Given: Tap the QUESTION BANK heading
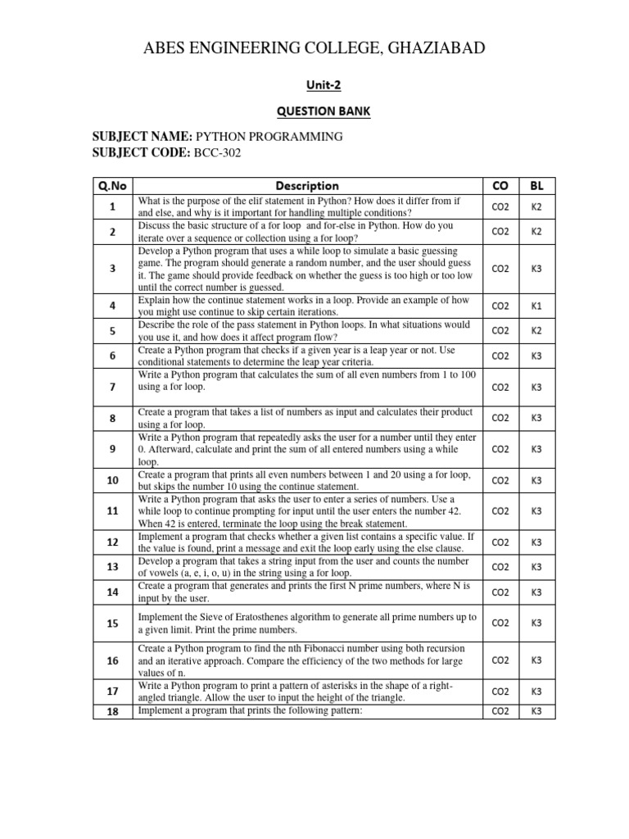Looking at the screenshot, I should point(314,111).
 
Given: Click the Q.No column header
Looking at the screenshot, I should point(112,186).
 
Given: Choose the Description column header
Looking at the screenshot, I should point(307,186).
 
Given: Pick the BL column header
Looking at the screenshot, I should point(536,186).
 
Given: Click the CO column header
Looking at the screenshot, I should point(500,186).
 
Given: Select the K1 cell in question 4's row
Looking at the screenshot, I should point(536,306).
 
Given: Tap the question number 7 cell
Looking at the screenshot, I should point(112,386).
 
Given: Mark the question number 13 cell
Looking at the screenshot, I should point(112,566).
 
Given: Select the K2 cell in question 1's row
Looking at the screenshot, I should point(536,207).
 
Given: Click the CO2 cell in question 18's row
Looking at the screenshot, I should point(500,711).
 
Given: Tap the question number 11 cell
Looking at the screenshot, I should point(112,510).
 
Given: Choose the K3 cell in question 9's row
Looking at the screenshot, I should point(536,450).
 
